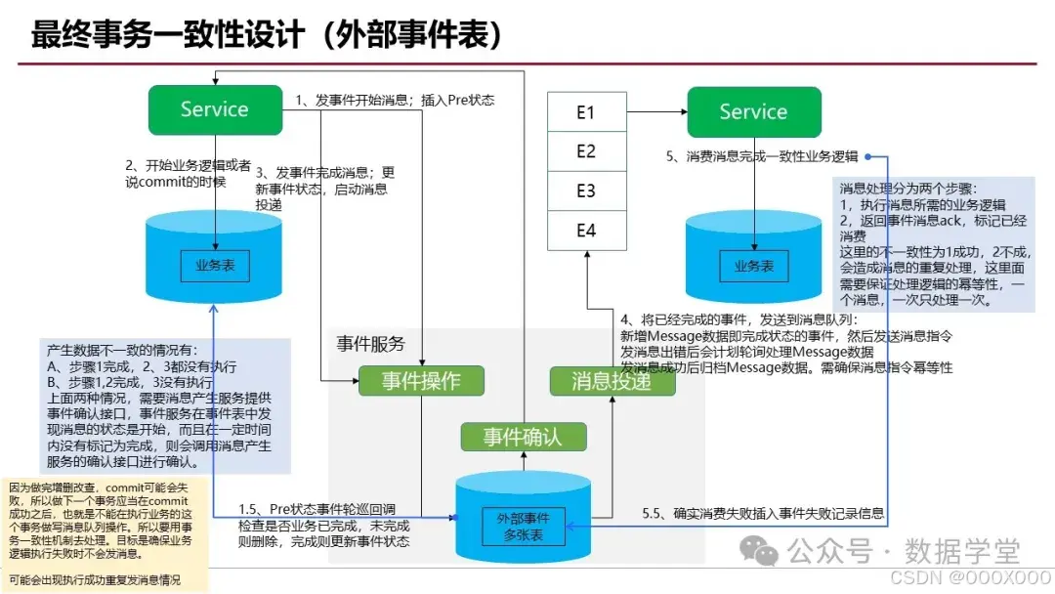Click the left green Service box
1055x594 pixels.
coord(215,109)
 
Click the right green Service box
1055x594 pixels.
coord(752,111)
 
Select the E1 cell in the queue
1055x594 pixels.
coord(585,112)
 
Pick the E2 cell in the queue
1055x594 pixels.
coord(585,151)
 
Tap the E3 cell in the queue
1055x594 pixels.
coord(585,191)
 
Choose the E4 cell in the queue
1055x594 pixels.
coord(585,231)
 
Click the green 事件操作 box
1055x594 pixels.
coord(421,380)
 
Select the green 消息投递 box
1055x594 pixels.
coord(612,380)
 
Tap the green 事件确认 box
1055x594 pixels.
coord(523,436)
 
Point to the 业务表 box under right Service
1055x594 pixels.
coord(753,265)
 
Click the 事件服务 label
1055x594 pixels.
coord(370,344)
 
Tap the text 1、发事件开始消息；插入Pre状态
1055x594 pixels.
coord(395,100)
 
